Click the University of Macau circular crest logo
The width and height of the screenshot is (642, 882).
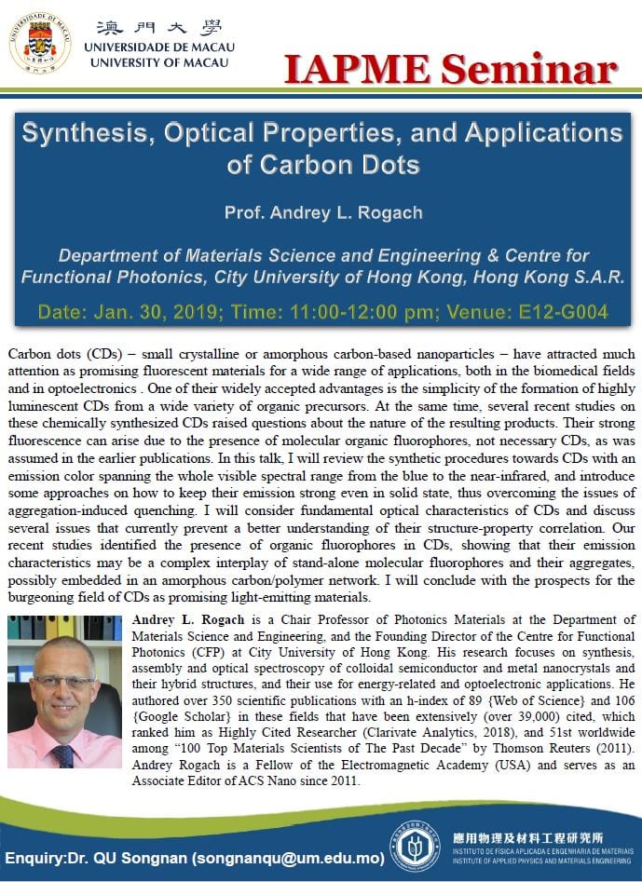coord(40,43)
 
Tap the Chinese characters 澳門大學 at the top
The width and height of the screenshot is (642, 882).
coord(159,27)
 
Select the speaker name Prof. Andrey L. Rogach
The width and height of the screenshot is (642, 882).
coord(322,212)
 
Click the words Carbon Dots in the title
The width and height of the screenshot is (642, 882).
coord(323,167)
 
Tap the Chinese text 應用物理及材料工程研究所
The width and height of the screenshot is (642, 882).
coord(519,837)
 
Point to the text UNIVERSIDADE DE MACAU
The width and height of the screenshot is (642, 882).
coord(159,47)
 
